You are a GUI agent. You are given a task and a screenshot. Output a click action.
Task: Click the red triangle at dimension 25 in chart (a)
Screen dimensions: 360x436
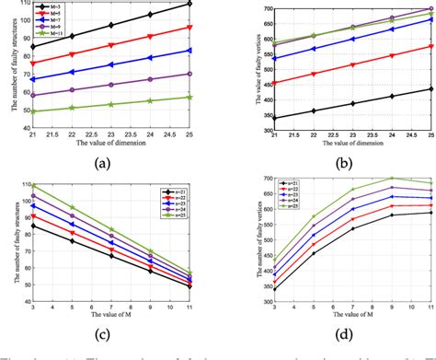(189, 28)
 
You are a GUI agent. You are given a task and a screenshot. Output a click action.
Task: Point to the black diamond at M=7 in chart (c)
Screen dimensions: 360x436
(111, 255)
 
